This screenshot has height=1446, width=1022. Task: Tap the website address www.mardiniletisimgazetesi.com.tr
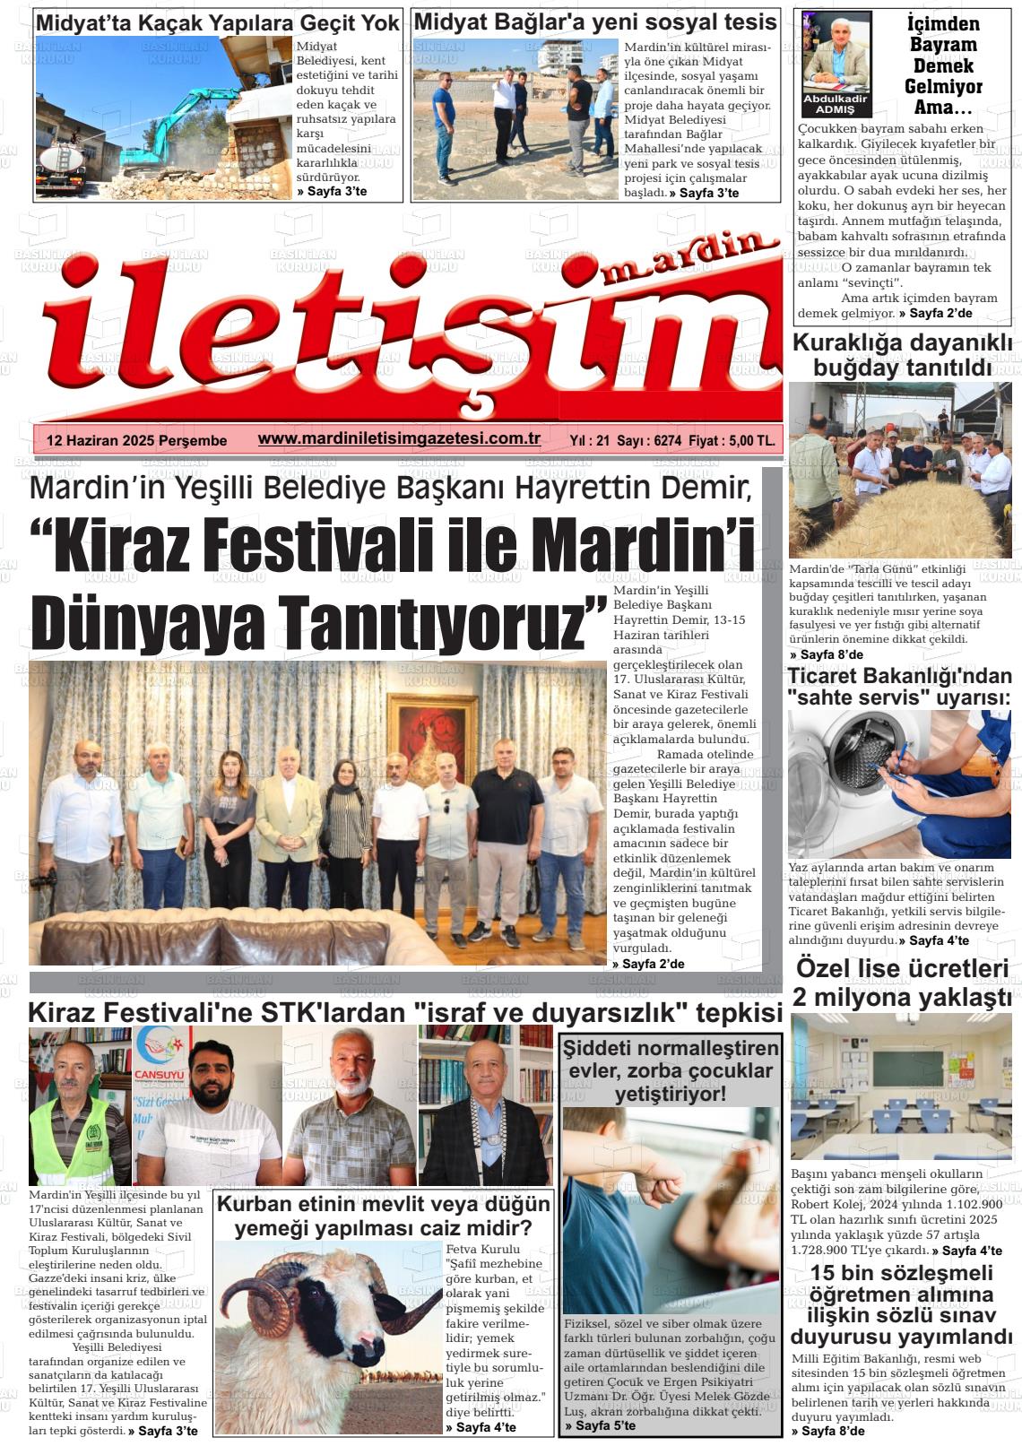(398, 438)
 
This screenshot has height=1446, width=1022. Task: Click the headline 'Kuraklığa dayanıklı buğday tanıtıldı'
(902, 355)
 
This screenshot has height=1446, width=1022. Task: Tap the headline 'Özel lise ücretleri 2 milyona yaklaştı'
(902, 983)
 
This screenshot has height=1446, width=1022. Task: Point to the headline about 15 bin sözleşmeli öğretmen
(902, 1305)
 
